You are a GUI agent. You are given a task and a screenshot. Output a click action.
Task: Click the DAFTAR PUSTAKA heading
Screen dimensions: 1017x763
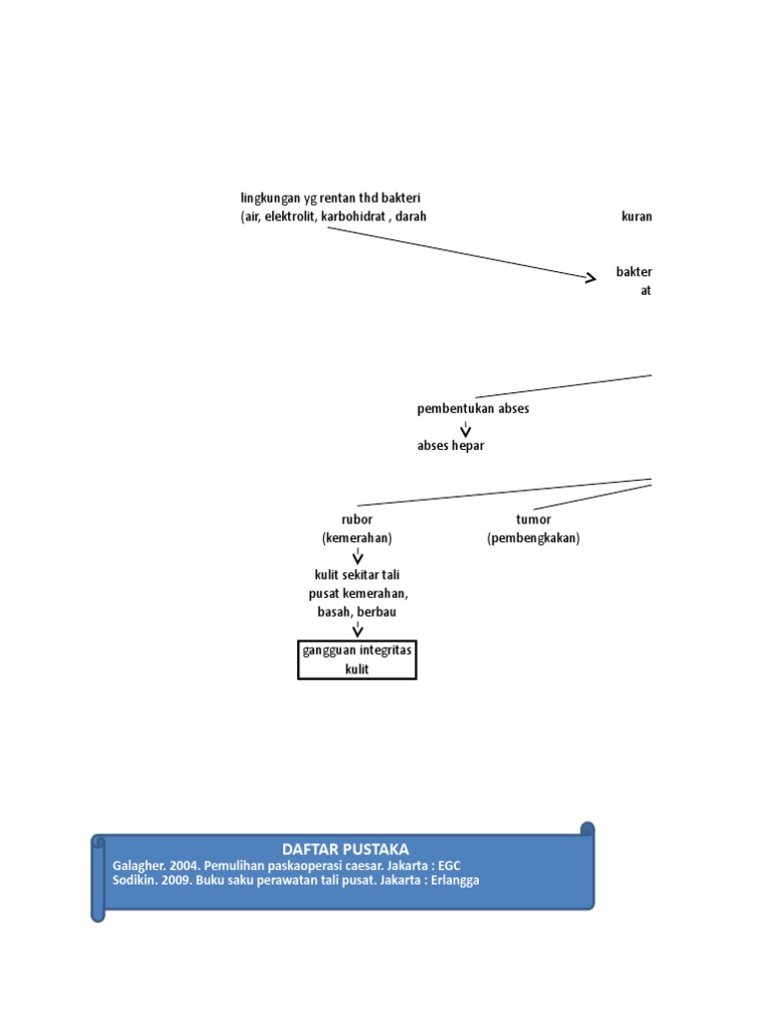pos(346,849)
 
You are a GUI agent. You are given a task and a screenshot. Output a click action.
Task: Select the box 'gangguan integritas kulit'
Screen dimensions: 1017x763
pos(357,659)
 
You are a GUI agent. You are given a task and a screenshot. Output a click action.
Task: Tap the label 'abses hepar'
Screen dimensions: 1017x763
pos(451,446)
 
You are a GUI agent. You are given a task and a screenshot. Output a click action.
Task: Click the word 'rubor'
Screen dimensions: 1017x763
pos(357,519)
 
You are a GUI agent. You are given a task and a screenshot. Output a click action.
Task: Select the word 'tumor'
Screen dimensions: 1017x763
pos(534,519)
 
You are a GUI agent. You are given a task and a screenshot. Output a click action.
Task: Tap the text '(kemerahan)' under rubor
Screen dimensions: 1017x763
pos(357,538)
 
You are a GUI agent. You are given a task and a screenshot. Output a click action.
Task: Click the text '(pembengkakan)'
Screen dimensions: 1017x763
pos(534,538)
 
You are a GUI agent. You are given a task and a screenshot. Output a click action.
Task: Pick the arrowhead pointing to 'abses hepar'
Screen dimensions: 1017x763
pos(465,431)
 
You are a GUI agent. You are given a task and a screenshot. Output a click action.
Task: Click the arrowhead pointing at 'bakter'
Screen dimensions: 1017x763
pos(591,279)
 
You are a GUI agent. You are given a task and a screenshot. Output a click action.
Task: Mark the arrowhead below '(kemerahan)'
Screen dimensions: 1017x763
pos(358,558)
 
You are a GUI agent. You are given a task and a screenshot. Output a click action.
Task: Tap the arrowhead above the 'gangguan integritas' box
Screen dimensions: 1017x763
pos(358,632)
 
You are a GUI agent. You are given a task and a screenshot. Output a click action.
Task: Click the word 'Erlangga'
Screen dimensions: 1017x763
pos(453,880)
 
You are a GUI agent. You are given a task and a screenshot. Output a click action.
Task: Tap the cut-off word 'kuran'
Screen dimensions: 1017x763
pos(637,217)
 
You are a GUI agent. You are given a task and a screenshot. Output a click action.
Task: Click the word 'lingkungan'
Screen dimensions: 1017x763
pos(271,199)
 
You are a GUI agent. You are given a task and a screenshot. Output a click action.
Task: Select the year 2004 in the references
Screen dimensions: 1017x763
pos(181,865)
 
